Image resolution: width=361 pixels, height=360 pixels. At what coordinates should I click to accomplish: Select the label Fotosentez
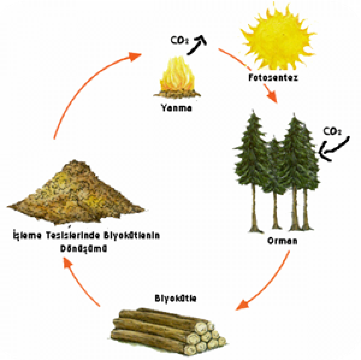pyautogui.click(x=273, y=78)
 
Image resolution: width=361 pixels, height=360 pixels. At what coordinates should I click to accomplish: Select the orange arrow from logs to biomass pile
pyautogui.click(x=82, y=283)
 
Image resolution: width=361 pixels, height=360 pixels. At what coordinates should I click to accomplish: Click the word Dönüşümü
pyautogui.click(x=83, y=248)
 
